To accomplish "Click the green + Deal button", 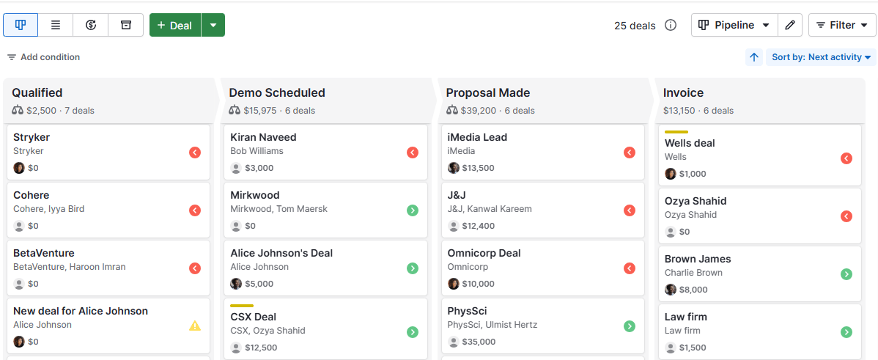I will click(175, 25).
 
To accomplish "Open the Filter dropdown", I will click(842, 25).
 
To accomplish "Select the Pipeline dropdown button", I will click(734, 25).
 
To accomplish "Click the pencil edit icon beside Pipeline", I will click(789, 25).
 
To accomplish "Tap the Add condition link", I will click(44, 57).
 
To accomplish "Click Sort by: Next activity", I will click(821, 57).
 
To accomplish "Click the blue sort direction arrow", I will click(754, 57).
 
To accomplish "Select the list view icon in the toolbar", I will click(56, 25).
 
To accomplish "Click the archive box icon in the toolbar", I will click(126, 25).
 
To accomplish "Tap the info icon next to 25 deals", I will click(671, 26).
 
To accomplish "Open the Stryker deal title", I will click(32, 137).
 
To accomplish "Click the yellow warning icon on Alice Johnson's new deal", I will click(195, 326).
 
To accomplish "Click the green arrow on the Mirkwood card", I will click(413, 210).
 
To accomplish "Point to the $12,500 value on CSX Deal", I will click(261, 348).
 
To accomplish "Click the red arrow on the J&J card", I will click(630, 210).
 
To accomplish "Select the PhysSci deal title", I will click(467, 311).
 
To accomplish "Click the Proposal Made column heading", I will click(488, 93).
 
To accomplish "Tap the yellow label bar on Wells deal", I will click(676, 132).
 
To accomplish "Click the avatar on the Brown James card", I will click(671, 290).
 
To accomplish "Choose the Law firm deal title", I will click(685, 317).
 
